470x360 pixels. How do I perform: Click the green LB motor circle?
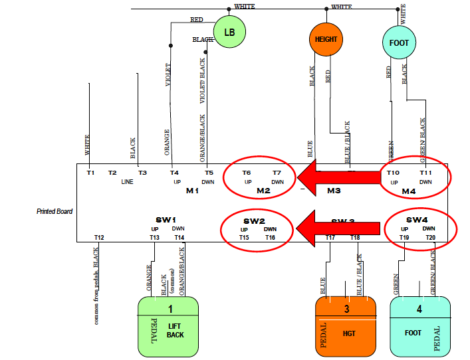229,33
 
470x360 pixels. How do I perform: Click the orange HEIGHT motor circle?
326,39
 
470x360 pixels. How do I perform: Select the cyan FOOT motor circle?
399,43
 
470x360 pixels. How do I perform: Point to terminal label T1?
91,173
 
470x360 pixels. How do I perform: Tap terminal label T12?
99,237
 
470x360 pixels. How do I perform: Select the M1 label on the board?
192,191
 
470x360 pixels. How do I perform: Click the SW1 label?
166,220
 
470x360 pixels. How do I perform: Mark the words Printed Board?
55,211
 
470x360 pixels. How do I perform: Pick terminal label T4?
175,173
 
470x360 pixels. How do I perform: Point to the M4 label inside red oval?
408,191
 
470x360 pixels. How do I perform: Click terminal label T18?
355,237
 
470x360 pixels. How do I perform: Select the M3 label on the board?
334,191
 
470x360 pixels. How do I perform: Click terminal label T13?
155,237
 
